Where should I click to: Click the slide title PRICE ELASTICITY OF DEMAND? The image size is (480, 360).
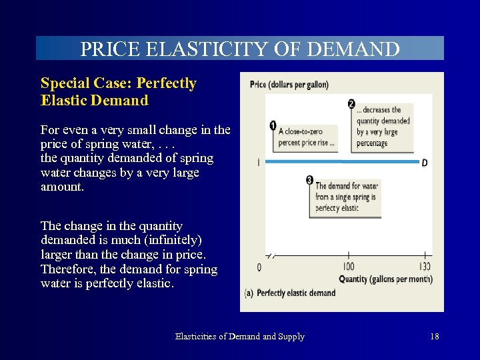click(x=240, y=49)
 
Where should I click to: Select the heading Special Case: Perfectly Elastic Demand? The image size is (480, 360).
click(x=119, y=92)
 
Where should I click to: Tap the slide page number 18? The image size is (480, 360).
click(x=435, y=337)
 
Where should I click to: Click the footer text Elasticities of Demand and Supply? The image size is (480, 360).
click(x=240, y=337)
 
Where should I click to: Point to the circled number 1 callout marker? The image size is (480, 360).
click(x=273, y=125)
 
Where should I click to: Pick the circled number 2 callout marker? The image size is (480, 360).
click(x=351, y=103)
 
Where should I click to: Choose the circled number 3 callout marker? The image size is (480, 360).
click(x=310, y=180)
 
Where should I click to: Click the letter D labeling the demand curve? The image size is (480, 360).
click(x=425, y=163)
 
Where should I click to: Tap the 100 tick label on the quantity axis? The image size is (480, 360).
click(x=348, y=267)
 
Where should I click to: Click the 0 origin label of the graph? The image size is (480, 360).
click(x=259, y=267)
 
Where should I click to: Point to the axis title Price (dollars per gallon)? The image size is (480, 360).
click(x=289, y=85)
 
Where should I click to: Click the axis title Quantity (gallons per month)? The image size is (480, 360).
click(x=385, y=279)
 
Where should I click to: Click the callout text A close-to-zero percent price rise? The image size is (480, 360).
click(x=307, y=137)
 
